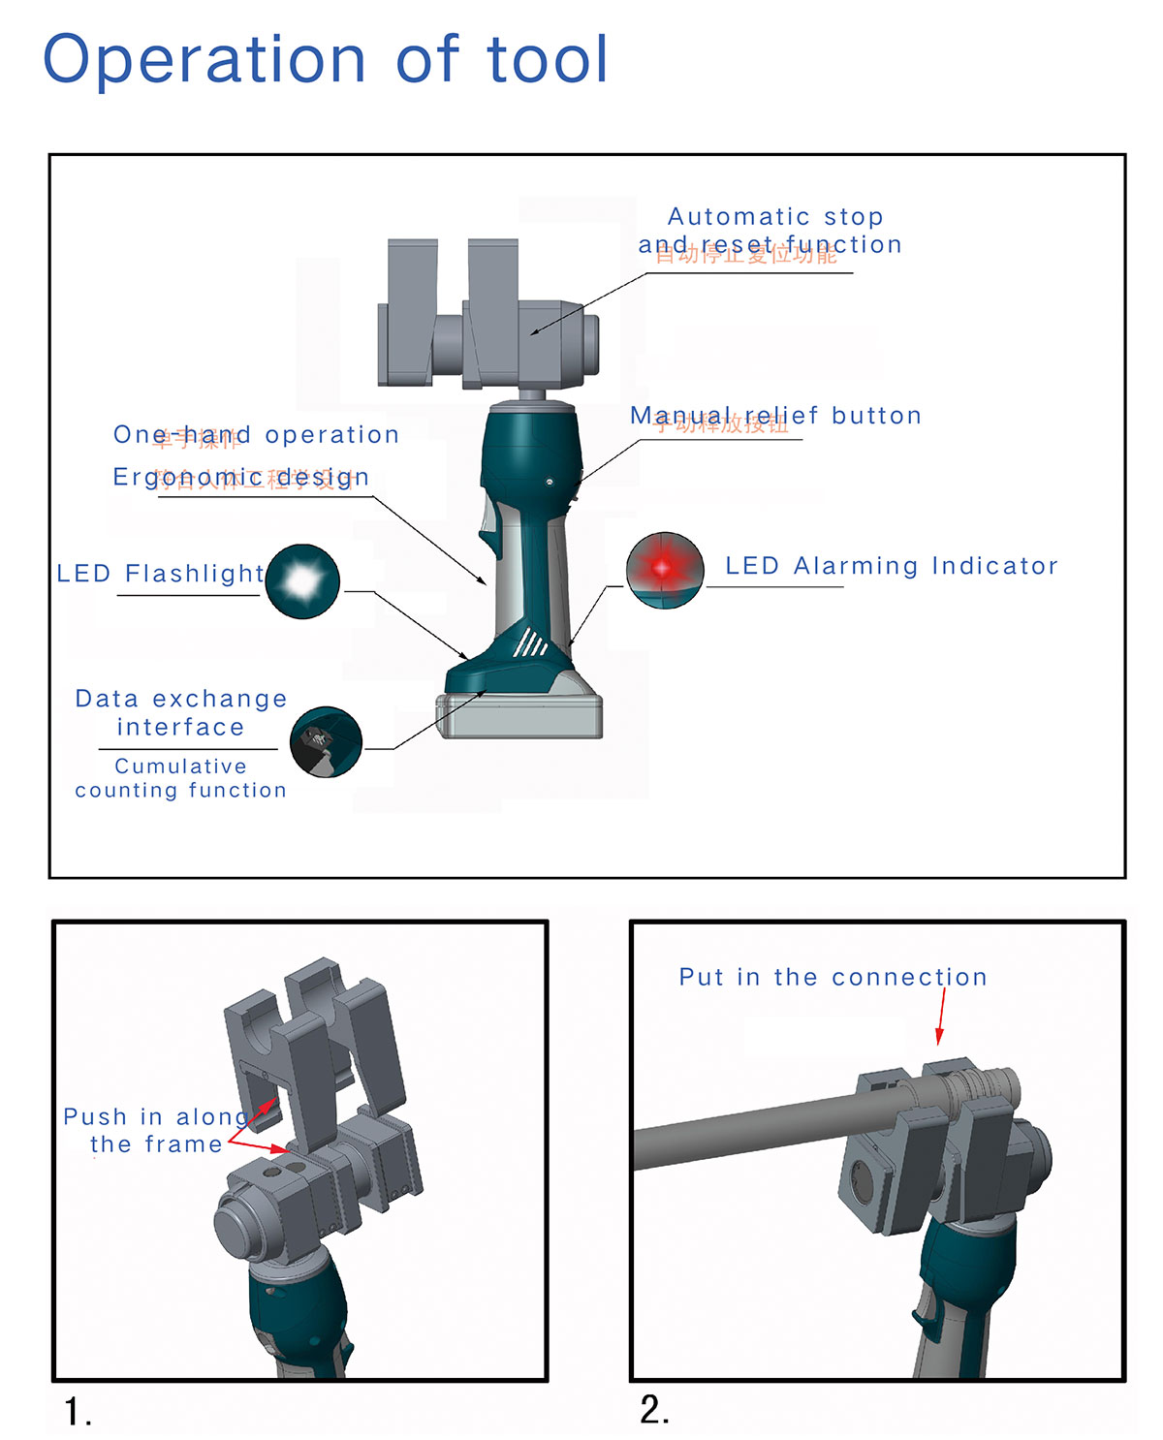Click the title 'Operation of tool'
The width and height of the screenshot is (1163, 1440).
click(x=326, y=59)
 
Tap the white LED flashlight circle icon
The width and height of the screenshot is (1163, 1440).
click(x=302, y=581)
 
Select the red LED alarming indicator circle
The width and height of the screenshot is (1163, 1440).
click(x=665, y=570)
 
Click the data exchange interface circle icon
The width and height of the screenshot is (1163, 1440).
click(x=327, y=742)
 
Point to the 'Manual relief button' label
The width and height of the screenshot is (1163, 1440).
click(x=775, y=416)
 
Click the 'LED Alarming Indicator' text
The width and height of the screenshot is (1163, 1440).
click(x=892, y=566)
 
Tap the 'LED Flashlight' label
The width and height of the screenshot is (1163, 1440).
click(x=160, y=574)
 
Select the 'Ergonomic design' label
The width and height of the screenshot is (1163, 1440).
click(x=241, y=477)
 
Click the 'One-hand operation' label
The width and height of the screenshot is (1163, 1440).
click(x=256, y=435)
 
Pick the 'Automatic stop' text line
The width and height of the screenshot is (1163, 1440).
click(x=775, y=216)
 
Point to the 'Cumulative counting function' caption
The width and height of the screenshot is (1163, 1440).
click(x=181, y=778)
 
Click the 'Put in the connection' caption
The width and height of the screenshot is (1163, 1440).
click(x=833, y=977)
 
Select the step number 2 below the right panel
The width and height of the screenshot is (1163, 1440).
click(x=653, y=1409)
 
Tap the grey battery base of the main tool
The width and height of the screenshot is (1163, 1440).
click(x=520, y=716)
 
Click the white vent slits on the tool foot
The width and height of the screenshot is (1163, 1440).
click(x=529, y=642)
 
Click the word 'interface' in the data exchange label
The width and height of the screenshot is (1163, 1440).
click(x=180, y=728)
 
